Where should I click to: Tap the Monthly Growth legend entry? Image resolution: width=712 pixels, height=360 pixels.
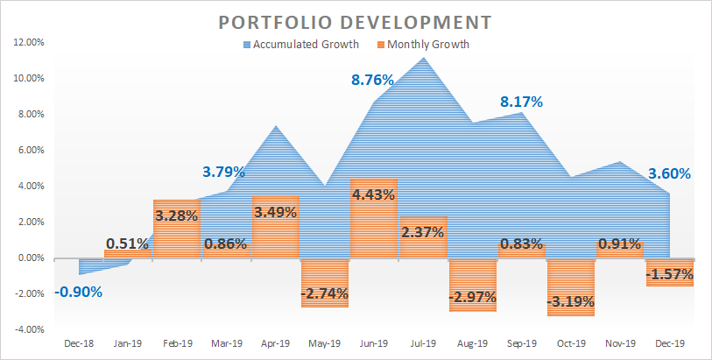coord(426,45)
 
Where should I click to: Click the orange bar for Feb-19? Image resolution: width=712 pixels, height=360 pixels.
coord(177,229)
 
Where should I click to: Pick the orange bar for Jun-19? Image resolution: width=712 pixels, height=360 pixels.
coord(374,218)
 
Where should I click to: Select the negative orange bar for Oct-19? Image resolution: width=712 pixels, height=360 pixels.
coord(571,286)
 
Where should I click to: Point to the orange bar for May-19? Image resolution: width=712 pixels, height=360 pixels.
coord(325,282)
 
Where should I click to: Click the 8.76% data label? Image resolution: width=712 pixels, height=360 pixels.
coord(372,80)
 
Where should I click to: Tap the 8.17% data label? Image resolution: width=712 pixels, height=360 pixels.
coord(521,102)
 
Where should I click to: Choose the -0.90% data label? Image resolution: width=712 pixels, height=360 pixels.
coord(78,292)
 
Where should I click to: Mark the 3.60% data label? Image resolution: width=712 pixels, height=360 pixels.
coord(671,173)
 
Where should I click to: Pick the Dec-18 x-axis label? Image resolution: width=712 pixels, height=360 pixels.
coord(78,343)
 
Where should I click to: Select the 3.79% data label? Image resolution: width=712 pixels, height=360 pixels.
coord(224,172)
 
